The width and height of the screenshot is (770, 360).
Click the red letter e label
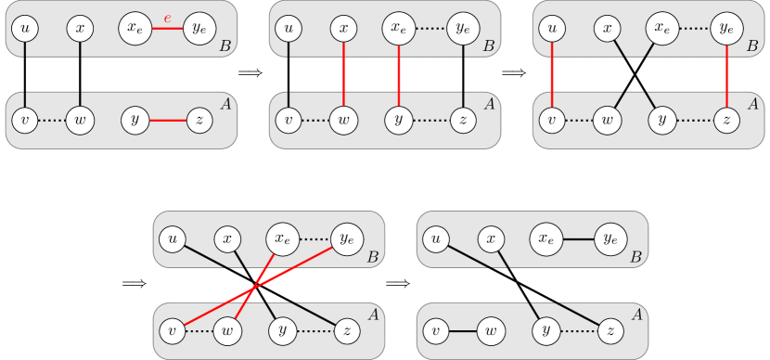pos(167,17)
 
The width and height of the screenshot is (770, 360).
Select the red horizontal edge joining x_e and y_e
pos(167,29)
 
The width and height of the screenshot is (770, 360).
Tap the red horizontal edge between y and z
pos(167,120)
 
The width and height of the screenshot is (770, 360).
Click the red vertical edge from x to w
pos(344,74)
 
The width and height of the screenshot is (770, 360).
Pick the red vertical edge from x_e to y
pos(398,74)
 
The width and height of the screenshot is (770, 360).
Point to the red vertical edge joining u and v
pos(553,74)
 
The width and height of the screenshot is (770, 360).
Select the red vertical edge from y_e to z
pos(726,74)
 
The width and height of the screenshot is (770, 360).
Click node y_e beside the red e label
pos(199,29)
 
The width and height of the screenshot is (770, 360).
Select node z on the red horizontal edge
pos(199,120)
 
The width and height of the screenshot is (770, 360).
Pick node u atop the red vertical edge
pos(553,29)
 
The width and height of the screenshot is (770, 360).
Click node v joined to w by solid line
pos(435,330)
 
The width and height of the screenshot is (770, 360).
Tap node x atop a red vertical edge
pos(344,29)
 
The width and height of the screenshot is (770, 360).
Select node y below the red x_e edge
pos(398,120)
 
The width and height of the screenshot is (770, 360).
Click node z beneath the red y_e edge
pos(726,120)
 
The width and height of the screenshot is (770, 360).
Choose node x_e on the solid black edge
pos(544,239)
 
